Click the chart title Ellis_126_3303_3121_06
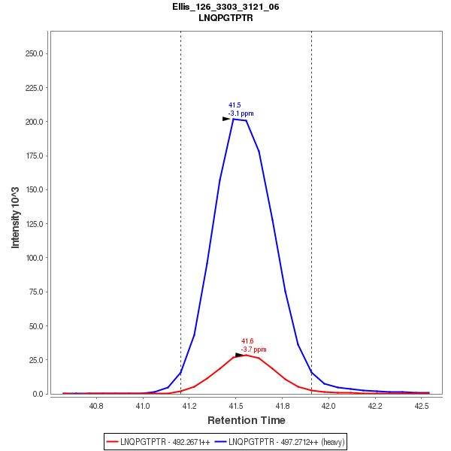click(x=225, y=7)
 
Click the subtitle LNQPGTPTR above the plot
click(x=225, y=17)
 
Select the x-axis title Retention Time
click(x=247, y=419)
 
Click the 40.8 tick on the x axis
click(x=96, y=406)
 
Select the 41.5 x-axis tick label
click(x=235, y=406)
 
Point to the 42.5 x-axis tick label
click(x=421, y=406)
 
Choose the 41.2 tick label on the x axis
click(x=189, y=406)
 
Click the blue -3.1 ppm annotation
click(x=241, y=114)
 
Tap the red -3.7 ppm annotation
click(x=253, y=350)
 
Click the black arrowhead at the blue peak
click(x=226, y=119)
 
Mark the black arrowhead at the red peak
click(x=239, y=355)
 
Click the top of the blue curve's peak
click(x=234, y=119)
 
